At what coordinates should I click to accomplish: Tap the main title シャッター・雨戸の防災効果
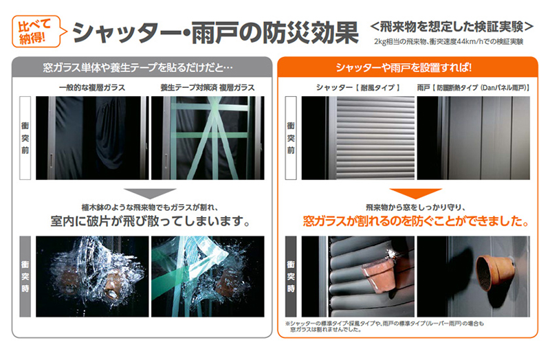(x=215, y=32)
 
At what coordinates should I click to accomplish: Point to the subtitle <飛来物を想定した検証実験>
(x=452, y=27)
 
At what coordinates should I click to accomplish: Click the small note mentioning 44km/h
(x=449, y=42)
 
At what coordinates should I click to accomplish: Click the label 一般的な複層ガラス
(x=92, y=88)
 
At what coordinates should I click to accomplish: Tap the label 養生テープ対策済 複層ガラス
(x=208, y=88)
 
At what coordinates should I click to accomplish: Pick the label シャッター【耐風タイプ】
(x=357, y=88)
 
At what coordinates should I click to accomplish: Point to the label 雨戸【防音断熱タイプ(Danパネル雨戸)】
(x=474, y=88)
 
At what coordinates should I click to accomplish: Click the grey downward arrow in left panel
(x=150, y=194)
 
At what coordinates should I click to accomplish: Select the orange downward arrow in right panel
(x=416, y=194)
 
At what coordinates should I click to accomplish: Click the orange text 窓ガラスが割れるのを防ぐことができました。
(x=416, y=221)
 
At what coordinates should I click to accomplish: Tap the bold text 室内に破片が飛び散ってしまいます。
(x=150, y=221)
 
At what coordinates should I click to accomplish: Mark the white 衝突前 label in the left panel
(x=25, y=138)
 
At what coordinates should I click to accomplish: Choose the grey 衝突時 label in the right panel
(x=291, y=277)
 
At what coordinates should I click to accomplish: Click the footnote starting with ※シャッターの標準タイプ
(x=384, y=326)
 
